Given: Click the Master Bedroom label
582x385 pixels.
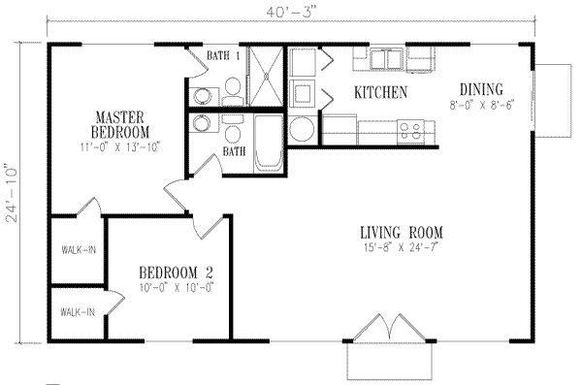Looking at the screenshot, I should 120,124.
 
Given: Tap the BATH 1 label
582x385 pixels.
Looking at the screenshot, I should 224,56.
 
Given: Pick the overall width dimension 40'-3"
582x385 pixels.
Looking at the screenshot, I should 290,11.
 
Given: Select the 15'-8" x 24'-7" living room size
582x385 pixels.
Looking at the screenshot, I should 401,249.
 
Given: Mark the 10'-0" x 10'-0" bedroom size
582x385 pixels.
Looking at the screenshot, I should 175,288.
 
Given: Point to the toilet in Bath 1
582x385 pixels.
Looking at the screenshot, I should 232,92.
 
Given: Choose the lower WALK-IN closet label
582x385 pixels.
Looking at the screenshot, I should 77,312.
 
